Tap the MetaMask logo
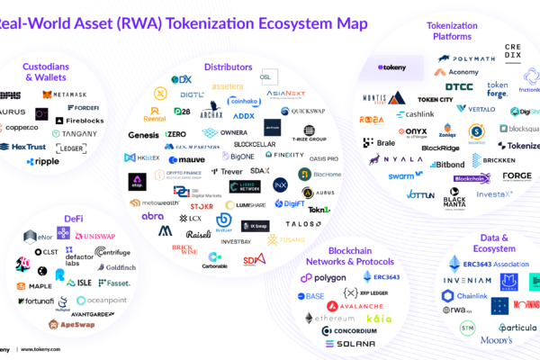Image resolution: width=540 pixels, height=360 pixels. [63, 94]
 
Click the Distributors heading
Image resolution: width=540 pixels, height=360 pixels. [227, 67]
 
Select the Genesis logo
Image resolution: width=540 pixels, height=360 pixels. [143, 135]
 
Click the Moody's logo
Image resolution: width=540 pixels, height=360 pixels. [478, 341]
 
